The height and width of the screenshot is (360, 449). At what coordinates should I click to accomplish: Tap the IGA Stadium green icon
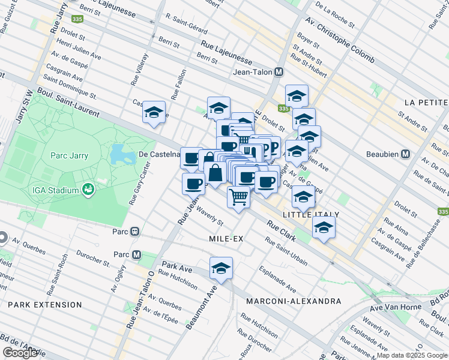89,190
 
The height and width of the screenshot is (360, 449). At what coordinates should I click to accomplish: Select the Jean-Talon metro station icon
279,72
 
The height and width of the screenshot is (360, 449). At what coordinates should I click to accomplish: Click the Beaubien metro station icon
406,154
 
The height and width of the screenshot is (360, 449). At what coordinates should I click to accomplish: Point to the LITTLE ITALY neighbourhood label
310,214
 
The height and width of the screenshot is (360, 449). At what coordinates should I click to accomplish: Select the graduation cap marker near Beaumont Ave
221,268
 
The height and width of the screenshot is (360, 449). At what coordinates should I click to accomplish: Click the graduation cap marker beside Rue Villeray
154,112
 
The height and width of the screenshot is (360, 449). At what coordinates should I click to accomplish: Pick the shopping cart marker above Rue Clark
239,196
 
